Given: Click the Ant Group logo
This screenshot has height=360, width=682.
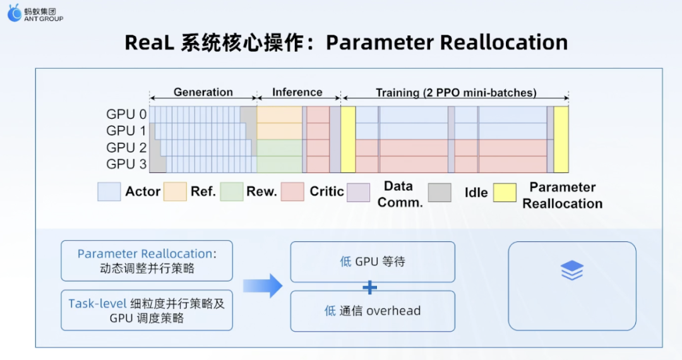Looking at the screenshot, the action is [x=35, y=13].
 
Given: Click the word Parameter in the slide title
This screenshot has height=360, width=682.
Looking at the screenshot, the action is [x=380, y=42].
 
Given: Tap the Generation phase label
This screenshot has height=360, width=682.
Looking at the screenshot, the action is [x=203, y=92].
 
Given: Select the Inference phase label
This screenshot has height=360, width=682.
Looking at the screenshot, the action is [x=297, y=92].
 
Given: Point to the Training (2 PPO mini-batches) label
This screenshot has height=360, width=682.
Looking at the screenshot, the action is [x=456, y=93].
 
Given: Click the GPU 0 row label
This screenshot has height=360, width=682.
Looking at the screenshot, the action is [x=126, y=114].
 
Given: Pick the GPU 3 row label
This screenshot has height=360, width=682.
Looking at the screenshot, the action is [x=126, y=164].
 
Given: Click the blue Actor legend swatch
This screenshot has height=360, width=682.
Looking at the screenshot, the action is [x=109, y=192].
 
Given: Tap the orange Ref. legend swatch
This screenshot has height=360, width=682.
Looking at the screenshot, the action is [x=175, y=192].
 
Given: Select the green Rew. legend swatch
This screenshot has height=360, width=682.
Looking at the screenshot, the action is [x=231, y=192].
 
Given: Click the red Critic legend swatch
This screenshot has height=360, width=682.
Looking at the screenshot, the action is [x=292, y=192].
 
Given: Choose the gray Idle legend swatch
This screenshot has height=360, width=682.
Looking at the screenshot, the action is [x=440, y=193].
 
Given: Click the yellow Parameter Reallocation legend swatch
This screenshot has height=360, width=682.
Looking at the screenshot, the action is [x=505, y=193].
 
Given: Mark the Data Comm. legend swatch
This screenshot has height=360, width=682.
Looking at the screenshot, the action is [x=359, y=193].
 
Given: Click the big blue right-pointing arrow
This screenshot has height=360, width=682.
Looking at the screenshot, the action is [x=263, y=285].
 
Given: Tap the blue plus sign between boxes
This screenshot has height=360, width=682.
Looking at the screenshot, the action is [x=369, y=287].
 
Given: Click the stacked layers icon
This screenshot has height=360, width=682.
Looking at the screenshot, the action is [x=572, y=270].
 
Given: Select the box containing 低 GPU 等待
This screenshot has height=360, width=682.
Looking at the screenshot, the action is [x=373, y=261].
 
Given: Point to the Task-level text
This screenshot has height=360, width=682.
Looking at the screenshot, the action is [x=97, y=304].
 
